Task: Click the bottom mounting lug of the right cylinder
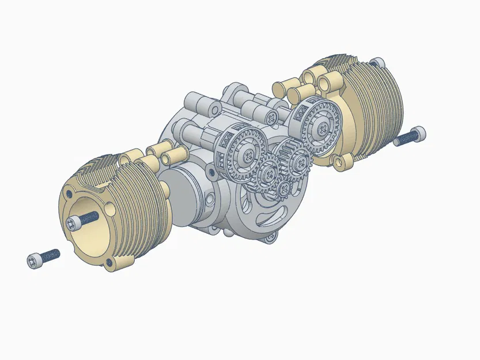[x=344, y=162]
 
